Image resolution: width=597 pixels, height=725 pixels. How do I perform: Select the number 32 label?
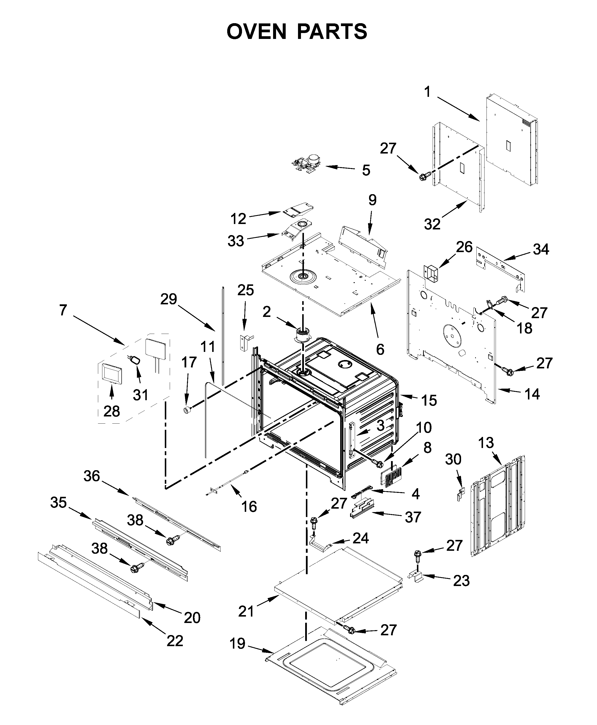point(432,224)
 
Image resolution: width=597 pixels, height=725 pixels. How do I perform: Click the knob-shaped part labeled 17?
point(187,410)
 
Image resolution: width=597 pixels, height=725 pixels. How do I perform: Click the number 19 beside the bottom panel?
point(237,644)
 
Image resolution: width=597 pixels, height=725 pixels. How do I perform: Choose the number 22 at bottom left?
point(175,641)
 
